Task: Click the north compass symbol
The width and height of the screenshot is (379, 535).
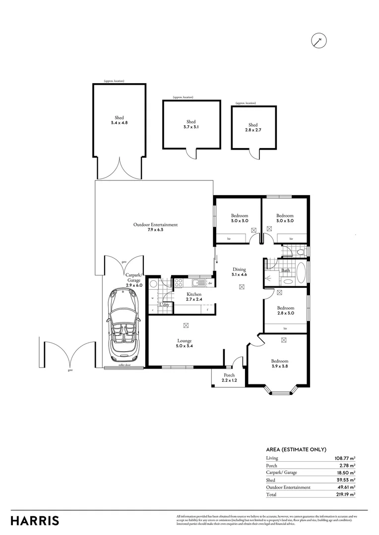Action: tap(319, 41)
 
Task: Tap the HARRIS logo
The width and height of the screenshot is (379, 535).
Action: tap(35, 521)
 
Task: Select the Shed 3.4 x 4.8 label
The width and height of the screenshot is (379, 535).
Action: tap(119, 120)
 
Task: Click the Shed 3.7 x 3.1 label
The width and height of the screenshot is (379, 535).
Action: tap(191, 124)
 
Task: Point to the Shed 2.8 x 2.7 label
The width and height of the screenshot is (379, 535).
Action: tap(253, 127)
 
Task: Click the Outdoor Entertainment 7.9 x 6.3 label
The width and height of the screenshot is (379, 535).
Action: tap(155, 227)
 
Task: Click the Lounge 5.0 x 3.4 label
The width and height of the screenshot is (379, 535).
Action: tap(185, 343)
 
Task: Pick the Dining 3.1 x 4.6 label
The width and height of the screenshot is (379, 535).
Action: tap(239, 272)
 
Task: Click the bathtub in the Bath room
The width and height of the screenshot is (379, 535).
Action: tap(301, 273)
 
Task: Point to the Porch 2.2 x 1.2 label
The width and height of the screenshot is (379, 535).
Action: tap(229, 377)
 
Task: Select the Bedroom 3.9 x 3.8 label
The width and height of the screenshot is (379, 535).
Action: tap(279, 364)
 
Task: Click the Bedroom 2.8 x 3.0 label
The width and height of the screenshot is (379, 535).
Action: tap(285, 310)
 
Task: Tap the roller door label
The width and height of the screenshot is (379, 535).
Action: tap(124, 365)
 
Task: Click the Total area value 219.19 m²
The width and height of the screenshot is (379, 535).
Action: tap(345, 494)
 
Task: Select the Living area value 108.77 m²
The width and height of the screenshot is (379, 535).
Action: tap(345, 458)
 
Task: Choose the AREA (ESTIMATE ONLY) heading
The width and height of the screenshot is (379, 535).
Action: tap(296, 449)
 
